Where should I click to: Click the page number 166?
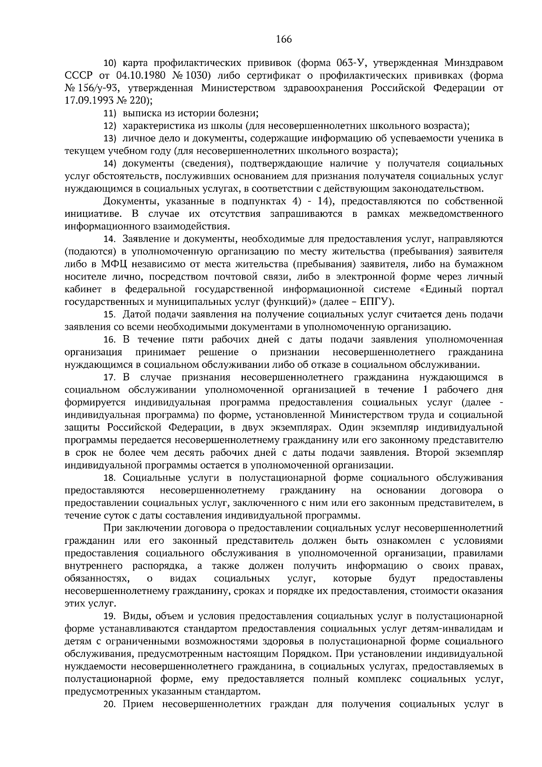(284, 39)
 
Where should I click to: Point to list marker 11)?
(111, 113)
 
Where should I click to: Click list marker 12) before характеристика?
(111, 126)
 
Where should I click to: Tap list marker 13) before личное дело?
(111, 138)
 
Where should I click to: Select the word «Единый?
(441, 289)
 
